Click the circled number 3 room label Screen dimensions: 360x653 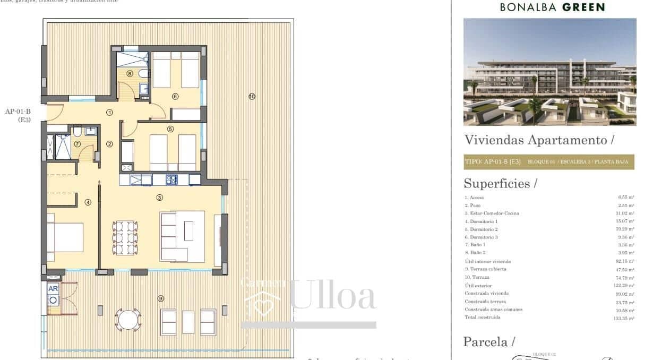coord(160,198)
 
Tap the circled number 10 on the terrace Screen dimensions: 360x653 coord(252,96)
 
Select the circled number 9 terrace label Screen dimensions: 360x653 coord(161,298)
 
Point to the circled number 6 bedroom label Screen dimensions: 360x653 coord(175,96)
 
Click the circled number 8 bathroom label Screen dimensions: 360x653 coord(130,74)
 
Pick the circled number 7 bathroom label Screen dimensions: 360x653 coord(78,143)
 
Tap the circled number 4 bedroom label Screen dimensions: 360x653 coord(88,202)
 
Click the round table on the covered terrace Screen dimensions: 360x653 coord(127,320)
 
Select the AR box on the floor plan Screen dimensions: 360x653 coord(53,289)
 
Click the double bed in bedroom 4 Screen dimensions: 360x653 coord(65,237)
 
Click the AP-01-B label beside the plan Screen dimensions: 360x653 coord(18,112)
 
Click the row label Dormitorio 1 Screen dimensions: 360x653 coord(481,221)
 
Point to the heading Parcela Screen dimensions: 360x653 coord(486,341)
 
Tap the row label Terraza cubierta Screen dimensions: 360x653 coord(485,269)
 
